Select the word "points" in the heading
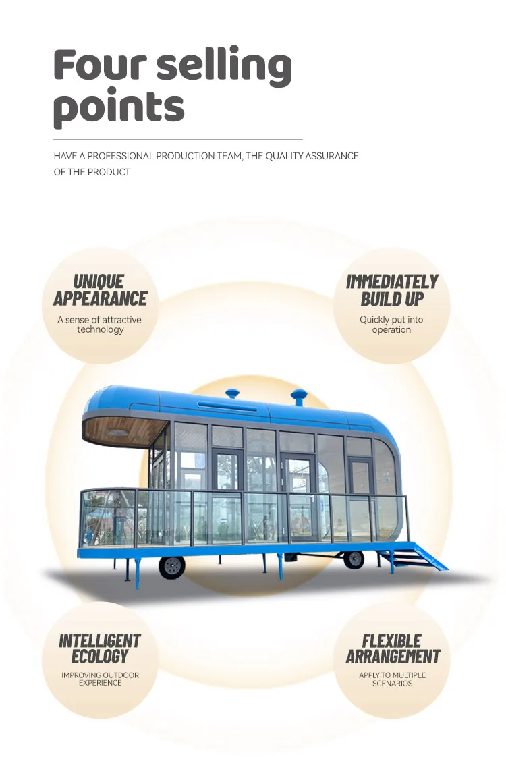[119, 107]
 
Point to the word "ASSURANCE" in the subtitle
[331, 156]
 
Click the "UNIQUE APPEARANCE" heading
[100, 290]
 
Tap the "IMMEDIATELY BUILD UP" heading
[392, 290]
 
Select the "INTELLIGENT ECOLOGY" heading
[100, 648]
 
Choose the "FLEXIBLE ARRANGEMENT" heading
[392, 648]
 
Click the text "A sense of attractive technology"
[100, 325]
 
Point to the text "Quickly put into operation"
[391, 325]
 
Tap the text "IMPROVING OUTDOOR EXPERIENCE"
[100, 679]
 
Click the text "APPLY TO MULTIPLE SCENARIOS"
[392, 679]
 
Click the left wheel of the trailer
[172, 566]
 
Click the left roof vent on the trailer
[233, 393]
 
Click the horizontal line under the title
[178, 139]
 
